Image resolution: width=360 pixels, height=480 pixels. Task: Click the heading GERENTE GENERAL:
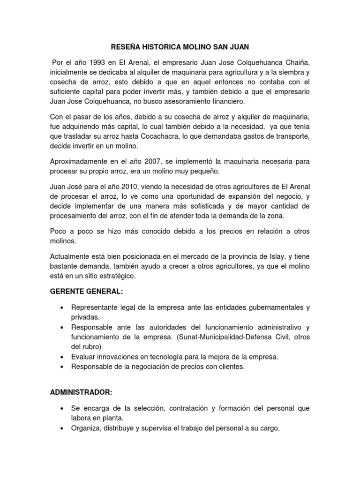tap(86, 292)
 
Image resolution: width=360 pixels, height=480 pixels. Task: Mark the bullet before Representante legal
tap(61, 308)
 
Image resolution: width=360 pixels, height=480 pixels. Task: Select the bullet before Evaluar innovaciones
tap(61, 357)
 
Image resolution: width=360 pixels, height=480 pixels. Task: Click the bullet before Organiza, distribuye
tap(61, 428)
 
